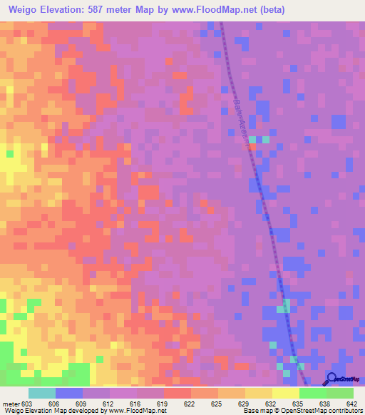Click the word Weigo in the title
click(25, 9)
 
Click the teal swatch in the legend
click(42, 393)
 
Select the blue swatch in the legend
click(69, 393)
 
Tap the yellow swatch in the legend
click(286, 393)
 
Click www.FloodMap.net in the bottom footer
click(139, 411)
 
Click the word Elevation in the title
click(71, 9)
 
